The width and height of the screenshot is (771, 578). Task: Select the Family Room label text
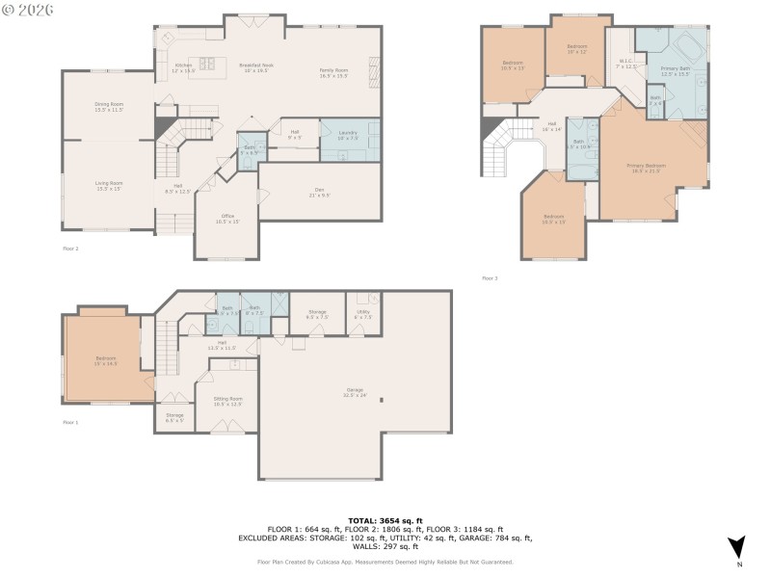334,72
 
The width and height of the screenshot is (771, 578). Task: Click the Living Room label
108,185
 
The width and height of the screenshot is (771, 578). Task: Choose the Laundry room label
348,135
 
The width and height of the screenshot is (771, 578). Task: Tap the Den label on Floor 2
318,192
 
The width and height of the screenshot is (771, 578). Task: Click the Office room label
226,219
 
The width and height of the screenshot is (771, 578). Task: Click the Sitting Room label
227,401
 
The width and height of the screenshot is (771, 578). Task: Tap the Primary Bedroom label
647,168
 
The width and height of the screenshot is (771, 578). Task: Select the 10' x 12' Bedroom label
577,49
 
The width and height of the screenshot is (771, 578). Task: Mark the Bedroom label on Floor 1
106,359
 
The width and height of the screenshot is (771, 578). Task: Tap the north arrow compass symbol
737,545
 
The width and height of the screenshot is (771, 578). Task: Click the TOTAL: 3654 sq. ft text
385,520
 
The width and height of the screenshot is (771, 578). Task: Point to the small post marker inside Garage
383,400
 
